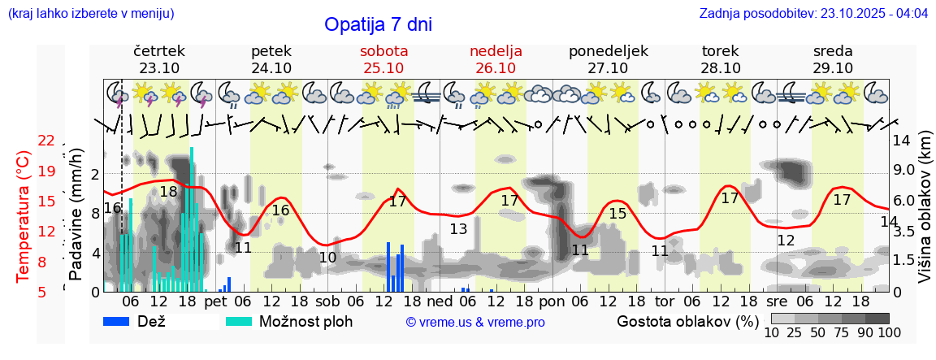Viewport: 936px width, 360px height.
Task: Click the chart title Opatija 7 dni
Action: tap(378, 24)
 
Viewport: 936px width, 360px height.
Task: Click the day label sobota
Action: tap(383, 51)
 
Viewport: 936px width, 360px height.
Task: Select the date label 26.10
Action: tap(496, 68)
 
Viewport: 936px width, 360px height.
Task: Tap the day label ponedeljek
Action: tap(609, 51)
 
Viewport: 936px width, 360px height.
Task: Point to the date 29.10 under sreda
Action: tap(833, 68)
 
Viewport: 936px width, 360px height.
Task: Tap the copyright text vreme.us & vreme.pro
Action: tap(475, 322)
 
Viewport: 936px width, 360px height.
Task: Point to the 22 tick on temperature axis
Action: tap(46, 141)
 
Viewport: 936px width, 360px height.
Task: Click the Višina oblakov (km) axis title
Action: tap(925, 216)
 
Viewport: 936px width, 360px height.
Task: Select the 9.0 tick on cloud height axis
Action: tap(904, 171)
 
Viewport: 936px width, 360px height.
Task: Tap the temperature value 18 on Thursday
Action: tap(168, 192)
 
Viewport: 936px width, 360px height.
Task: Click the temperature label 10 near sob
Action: tap(327, 258)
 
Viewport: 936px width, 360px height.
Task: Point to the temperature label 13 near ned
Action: tap(459, 229)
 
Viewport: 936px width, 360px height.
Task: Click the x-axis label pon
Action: tap(552, 301)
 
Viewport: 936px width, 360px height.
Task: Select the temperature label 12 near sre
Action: tap(786, 241)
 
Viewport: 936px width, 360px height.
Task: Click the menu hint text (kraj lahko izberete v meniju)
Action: tap(90, 14)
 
